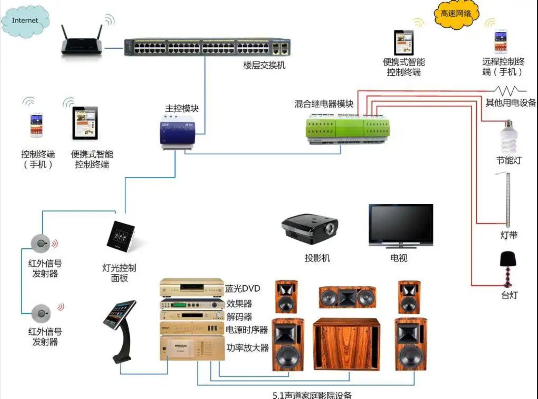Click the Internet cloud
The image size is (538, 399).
click(25, 21)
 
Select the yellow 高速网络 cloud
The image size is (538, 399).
click(456, 14)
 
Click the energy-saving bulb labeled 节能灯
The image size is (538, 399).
click(509, 138)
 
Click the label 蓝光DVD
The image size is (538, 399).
click(243, 289)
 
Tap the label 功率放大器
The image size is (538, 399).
click(247, 347)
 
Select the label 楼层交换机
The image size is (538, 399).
click(264, 65)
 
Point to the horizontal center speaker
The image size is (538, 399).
click(347, 297)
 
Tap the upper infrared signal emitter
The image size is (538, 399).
click(41, 243)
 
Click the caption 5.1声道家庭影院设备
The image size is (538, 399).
click(312, 395)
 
